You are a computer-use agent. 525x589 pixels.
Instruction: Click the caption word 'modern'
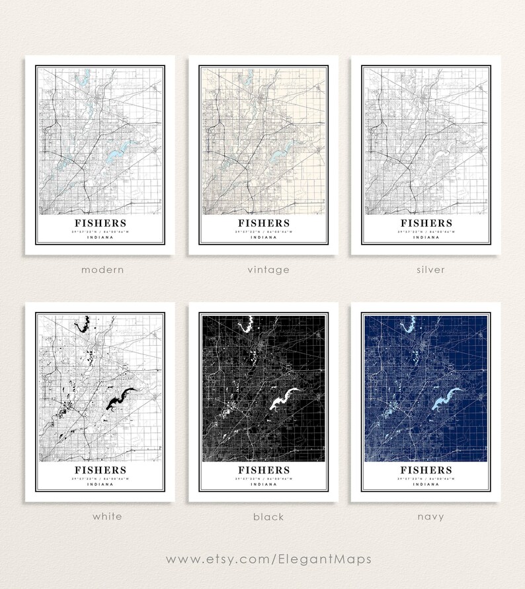(102, 270)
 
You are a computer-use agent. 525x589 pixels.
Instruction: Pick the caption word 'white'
(107, 516)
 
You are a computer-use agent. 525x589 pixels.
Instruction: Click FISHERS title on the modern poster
(101, 223)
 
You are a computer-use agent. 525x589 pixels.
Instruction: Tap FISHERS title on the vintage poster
(263, 223)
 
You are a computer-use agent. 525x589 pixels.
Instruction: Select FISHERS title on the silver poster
(426, 223)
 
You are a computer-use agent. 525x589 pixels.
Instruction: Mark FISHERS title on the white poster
(101, 470)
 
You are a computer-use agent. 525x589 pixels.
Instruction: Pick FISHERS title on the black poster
(263, 470)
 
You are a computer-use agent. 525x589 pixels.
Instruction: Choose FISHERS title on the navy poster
(426, 470)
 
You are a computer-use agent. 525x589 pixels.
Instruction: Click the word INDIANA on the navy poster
(426, 485)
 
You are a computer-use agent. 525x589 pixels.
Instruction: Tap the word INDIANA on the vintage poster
(263, 238)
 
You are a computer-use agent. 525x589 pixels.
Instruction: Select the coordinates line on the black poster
(263, 478)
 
